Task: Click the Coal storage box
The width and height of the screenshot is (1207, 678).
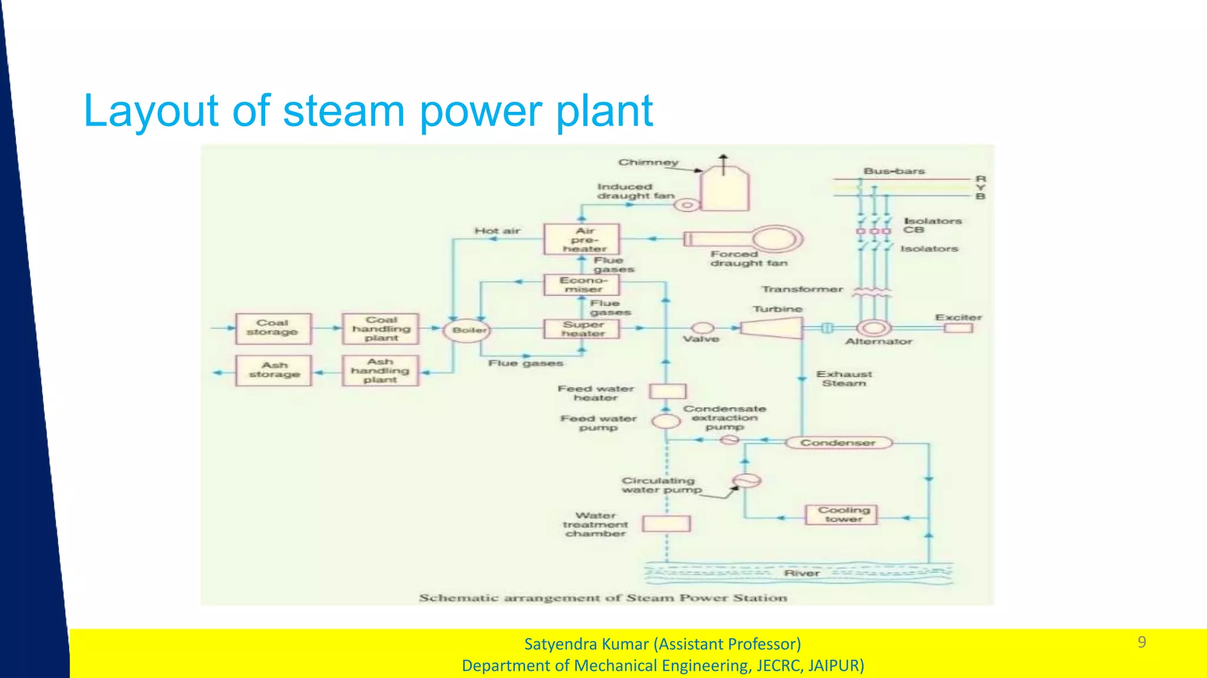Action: point(273,328)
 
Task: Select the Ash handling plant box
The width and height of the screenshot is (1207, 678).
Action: point(380,371)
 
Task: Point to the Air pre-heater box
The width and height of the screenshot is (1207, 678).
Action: point(582,239)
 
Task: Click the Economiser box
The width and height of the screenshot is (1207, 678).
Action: point(582,285)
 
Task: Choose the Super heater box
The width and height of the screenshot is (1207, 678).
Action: point(582,329)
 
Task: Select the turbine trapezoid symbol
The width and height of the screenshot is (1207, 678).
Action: point(771,328)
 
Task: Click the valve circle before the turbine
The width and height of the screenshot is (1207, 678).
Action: point(702,328)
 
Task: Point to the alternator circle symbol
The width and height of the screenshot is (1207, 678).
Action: point(873,328)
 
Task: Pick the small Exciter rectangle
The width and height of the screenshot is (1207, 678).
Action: point(958,328)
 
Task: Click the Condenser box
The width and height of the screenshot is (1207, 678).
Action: point(838,442)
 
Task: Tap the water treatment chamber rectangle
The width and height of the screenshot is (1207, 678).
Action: point(666,524)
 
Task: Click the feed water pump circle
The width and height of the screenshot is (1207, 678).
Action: point(666,421)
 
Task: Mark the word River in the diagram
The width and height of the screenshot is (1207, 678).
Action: point(802,573)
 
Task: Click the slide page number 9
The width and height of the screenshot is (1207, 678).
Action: point(1142,642)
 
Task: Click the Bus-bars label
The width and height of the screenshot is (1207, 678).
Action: point(894,171)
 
